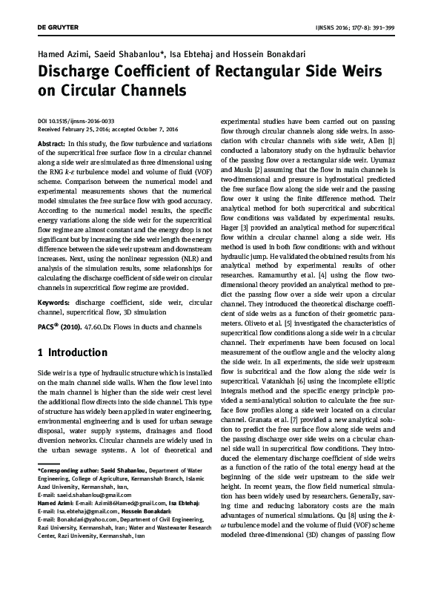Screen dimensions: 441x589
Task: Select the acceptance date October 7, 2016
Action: click(161, 128)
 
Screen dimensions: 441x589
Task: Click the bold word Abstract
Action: click(51, 142)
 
